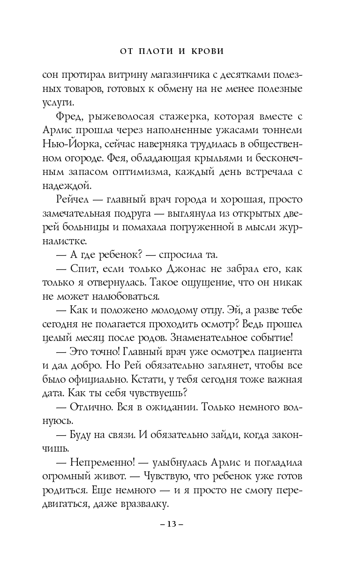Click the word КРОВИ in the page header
tap(204, 51)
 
